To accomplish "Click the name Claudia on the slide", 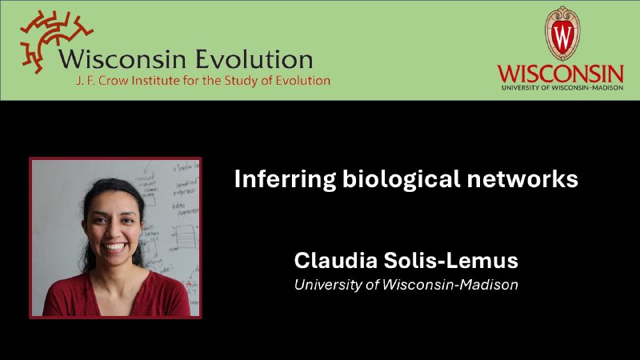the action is coord(336,261).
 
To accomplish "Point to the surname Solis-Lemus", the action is coord(451,261).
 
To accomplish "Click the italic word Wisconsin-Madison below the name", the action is coord(450,285).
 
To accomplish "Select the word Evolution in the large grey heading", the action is coord(254,59).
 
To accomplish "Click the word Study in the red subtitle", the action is coord(242,81).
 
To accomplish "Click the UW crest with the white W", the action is coord(562,33).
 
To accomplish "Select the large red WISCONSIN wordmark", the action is coord(561,74).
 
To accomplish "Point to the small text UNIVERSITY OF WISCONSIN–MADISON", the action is coord(562,87).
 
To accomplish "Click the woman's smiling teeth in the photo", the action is coord(114,246).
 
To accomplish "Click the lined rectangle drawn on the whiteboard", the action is coord(186,237).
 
